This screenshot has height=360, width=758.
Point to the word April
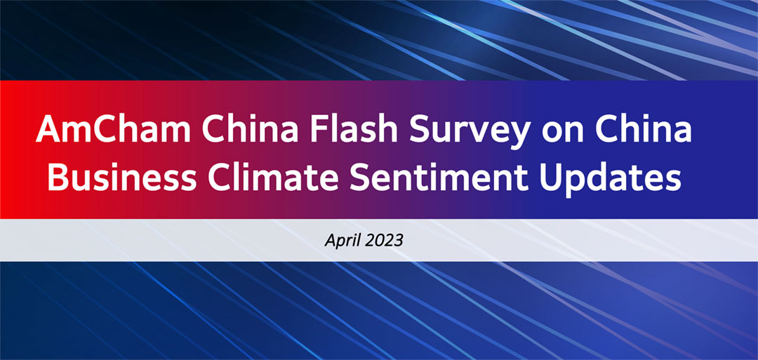(341, 240)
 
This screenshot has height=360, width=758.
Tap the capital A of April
(330, 239)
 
